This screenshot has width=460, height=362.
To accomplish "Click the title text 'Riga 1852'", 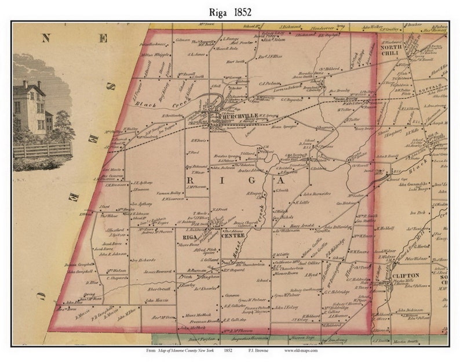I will tap(230, 11).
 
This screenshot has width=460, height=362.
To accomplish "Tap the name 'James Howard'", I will tap(158, 271).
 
